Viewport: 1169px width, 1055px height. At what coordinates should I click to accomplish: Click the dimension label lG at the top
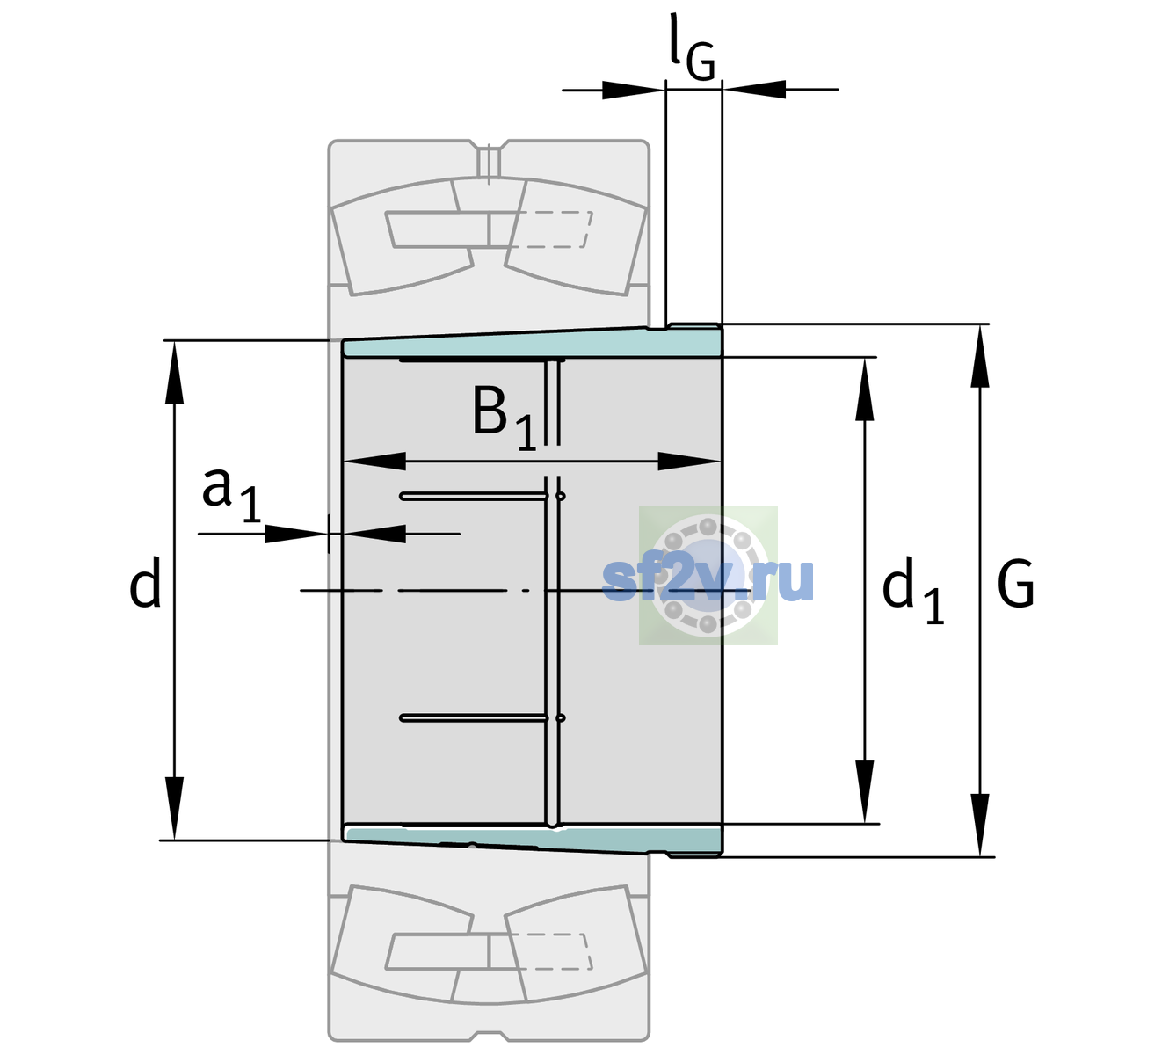click(692, 48)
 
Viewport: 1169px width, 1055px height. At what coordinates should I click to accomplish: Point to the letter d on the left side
click(144, 582)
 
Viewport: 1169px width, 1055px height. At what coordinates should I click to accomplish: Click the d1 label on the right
click(913, 589)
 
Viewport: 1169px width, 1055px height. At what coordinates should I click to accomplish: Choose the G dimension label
click(1016, 584)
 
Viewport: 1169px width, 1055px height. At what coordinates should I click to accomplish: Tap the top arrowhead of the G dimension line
click(980, 356)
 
